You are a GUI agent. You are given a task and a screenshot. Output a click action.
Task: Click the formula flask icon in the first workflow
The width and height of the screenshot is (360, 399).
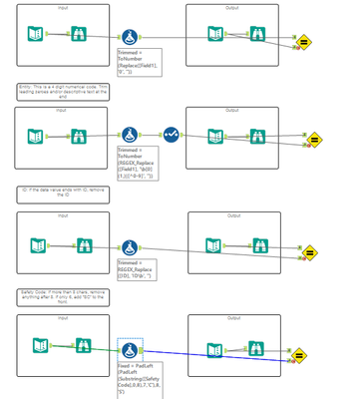point(130,37)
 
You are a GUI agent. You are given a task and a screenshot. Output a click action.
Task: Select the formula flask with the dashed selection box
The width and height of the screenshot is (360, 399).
point(130,349)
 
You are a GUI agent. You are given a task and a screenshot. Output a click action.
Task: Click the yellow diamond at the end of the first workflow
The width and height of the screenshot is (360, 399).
point(304,44)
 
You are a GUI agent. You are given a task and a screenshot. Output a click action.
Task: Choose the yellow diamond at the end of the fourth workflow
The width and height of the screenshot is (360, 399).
point(301,351)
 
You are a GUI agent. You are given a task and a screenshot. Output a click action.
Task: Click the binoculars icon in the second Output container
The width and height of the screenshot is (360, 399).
point(258,135)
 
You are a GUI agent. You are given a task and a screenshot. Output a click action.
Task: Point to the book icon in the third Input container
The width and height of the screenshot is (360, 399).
point(37,242)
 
